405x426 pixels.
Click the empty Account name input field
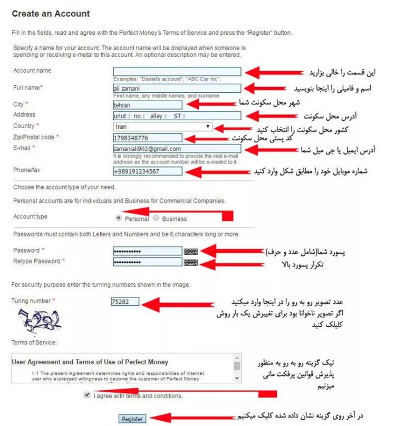point(177,72)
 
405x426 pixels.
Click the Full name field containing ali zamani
point(177,89)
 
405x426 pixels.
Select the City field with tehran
point(148,105)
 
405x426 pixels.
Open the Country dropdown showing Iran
point(163,127)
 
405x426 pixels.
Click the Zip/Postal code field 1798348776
point(148,138)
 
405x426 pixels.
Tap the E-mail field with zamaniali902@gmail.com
point(177,149)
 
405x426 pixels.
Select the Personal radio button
point(118,218)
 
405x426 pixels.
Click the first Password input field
point(148,251)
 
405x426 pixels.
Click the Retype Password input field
point(148,262)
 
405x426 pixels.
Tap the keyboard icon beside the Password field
point(191,251)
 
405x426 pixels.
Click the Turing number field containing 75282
point(125,302)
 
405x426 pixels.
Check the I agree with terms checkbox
point(87,395)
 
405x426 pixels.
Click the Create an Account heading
point(51,14)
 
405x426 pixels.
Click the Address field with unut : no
point(177,116)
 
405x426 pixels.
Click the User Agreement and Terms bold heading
point(90,362)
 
